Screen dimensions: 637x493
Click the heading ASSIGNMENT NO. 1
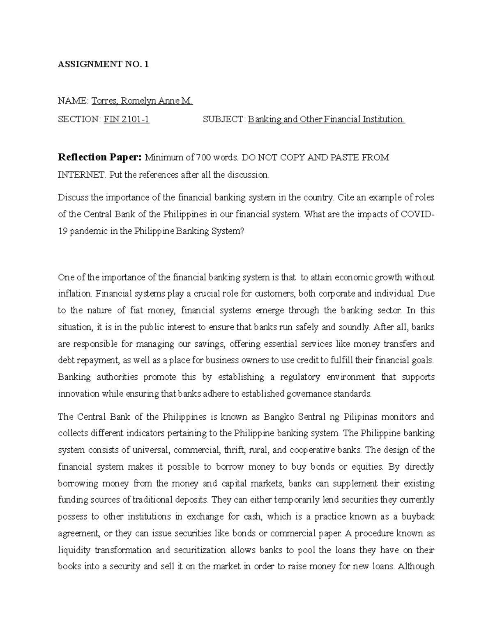point(103,64)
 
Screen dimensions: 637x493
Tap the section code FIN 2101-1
point(126,119)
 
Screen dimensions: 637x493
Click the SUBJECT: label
point(224,119)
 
